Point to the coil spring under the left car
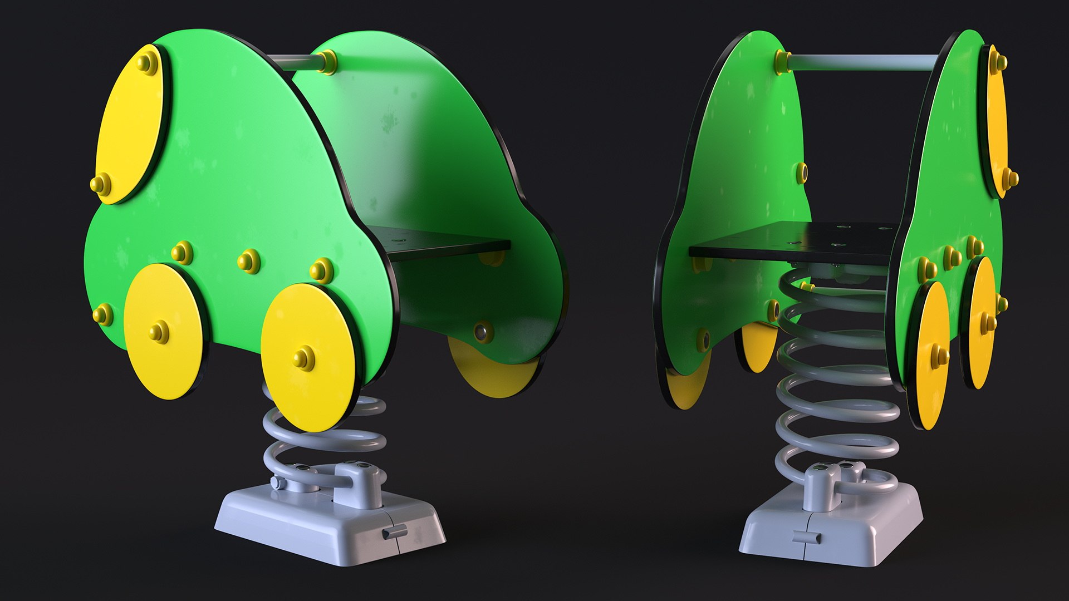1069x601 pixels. coord(323,440)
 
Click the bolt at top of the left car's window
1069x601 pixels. coord(148,63)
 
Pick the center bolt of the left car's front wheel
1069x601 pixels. coord(304,358)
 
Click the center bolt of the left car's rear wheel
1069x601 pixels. coord(159,331)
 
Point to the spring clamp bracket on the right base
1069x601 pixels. coord(821,487)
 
